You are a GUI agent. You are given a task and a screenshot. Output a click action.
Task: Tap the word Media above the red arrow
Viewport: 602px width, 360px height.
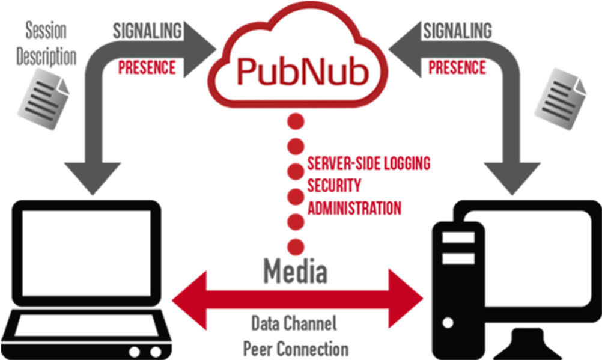coord(296,271)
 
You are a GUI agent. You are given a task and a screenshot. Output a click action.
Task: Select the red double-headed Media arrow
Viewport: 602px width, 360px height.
coord(298,297)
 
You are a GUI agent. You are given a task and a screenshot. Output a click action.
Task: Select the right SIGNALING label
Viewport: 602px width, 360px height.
coord(457,30)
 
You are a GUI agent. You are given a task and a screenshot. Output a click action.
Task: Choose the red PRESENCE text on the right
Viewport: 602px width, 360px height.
coord(457,67)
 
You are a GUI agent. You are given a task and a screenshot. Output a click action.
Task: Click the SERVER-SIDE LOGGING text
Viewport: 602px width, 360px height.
coord(368,162)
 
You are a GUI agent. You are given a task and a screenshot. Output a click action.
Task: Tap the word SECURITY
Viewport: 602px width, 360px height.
coord(334,185)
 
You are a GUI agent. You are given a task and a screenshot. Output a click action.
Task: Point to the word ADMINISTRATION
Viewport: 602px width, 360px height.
coord(354,208)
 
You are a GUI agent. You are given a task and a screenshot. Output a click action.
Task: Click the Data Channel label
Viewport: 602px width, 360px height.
coord(294,325)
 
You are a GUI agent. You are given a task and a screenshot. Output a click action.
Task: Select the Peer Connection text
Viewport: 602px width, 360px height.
coord(296,348)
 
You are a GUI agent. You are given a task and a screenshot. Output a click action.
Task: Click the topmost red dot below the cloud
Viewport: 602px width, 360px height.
coord(296,122)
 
